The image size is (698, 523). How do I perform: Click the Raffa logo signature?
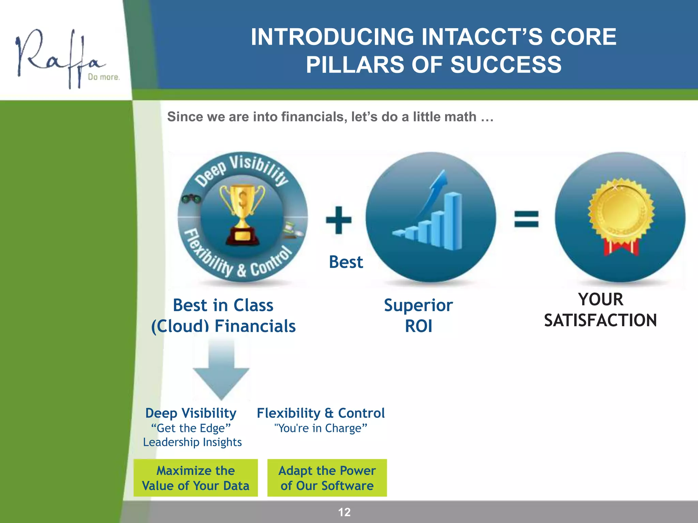(58, 56)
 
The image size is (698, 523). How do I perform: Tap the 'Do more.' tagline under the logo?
(104, 77)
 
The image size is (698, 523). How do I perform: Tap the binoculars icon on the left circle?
(191, 199)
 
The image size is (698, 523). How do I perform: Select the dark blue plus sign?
(338, 220)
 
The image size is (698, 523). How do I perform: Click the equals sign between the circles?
(526, 219)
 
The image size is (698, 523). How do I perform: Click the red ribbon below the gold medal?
(621, 248)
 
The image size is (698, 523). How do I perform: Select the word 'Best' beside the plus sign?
(346, 262)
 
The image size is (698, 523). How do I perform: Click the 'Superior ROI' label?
(418, 315)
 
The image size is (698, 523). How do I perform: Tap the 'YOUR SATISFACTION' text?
(600, 310)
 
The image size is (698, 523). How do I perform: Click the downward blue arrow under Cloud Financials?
(221, 371)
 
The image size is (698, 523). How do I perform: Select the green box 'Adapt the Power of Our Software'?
(327, 478)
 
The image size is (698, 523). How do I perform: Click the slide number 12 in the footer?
(344, 512)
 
